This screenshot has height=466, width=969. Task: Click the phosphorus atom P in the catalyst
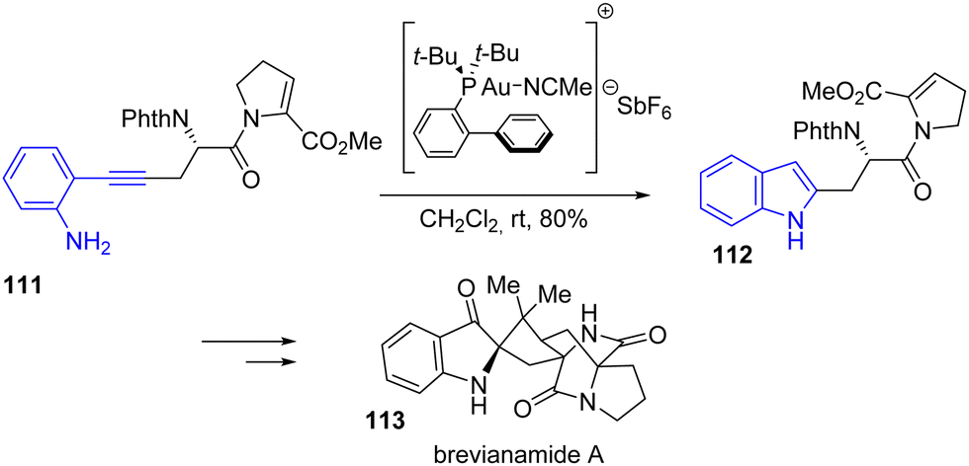click(x=472, y=93)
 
